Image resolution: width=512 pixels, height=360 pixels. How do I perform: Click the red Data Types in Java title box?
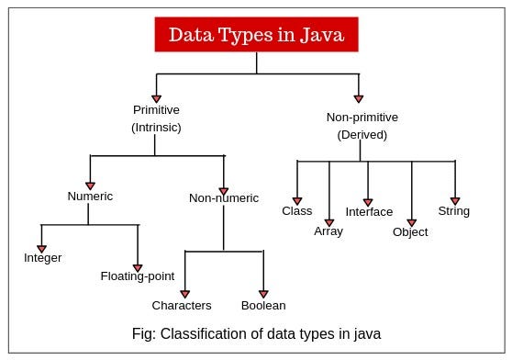pos(256,35)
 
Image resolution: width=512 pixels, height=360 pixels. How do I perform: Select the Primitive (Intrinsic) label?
pos(156,118)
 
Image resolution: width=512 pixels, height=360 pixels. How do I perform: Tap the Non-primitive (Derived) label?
pos(357,126)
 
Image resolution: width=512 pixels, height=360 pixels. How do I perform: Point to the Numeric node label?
pos(89,196)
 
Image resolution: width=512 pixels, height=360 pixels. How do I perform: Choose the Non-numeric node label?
pos(224,197)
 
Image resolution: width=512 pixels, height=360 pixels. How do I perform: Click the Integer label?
pos(42,258)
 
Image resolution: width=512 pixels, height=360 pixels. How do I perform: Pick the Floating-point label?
pos(138,276)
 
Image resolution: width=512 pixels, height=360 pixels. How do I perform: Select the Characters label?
pos(182,305)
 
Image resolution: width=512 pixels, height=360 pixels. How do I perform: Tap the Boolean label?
pos(263,305)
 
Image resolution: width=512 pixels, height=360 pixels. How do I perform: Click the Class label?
pos(296,211)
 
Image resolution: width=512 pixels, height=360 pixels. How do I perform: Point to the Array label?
pos(328,231)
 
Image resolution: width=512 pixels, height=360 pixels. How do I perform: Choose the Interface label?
pos(369,212)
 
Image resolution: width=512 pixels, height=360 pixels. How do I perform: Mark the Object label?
pos(411,232)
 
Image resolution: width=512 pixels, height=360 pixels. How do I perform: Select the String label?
pos(453,211)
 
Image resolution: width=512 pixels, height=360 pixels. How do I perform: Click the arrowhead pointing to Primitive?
pos(156,97)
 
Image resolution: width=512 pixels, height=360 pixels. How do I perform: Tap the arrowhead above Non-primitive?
pos(358,97)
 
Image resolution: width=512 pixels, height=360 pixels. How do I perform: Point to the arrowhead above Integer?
pos(41,246)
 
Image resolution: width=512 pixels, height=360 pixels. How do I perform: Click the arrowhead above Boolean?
pos(263,293)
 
